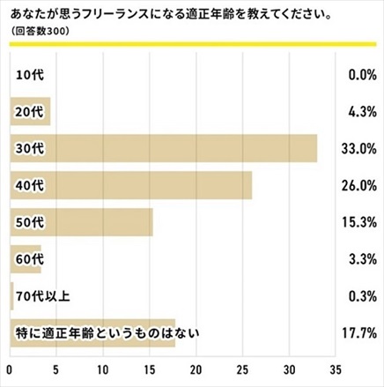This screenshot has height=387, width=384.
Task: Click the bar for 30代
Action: (x=163, y=148)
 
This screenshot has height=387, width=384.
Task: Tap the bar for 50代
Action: (x=81, y=222)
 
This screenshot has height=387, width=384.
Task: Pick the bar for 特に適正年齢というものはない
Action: (x=92, y=333)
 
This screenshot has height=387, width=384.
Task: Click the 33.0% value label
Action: (x=358, y=149)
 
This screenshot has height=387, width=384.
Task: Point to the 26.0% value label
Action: (x=358, y=186)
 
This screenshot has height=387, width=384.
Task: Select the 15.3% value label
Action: (x=359, y=223)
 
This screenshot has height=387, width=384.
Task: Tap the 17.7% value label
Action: (x=359, y=333)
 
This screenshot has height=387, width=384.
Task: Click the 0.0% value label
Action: (x=361, y=75)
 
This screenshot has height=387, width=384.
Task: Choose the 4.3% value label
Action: (x=361, y=112)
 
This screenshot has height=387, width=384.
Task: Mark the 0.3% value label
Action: (x=361, y=296)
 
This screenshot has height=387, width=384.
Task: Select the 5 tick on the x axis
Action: (x=56, y=369)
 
